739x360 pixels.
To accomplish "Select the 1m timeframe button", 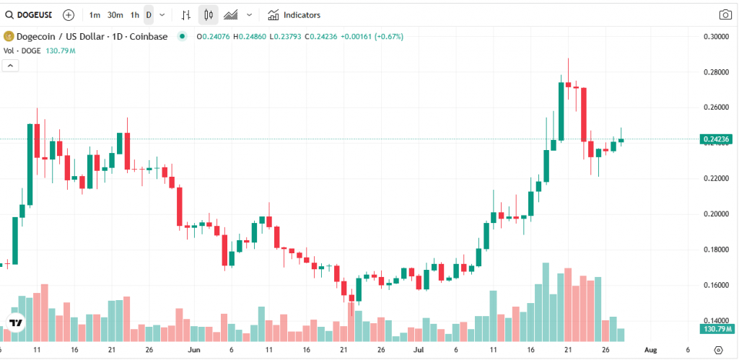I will (x=95, y=14).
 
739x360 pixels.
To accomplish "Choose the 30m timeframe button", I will (x=115, y=14).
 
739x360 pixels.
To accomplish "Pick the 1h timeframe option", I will (x=135, y=14).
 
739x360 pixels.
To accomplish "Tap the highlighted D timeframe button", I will (x=149, y=14).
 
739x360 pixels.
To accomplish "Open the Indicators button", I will (x=294, y=14).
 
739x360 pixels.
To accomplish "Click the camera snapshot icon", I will (x=725, y=14).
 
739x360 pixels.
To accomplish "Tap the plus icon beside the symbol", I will (x=68, y=14).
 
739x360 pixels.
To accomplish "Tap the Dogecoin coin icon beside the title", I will (x=9, y=36).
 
